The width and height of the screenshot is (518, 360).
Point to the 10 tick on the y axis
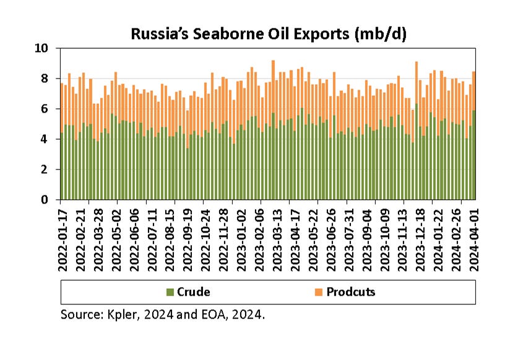pyautogui.click(x=46, y=48)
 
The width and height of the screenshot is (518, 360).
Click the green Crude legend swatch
pyautogui.click(x=170, y=292)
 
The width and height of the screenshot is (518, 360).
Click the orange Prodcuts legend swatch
pyautogui.click(x=319, y=292)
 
